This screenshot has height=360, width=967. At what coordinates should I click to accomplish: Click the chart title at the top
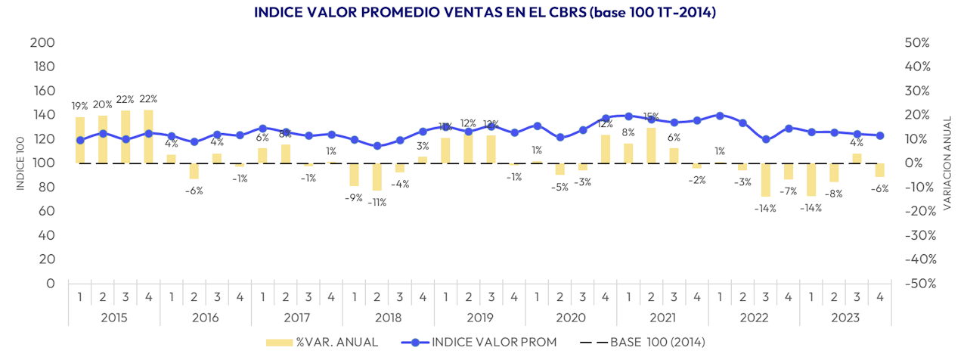point(485,12)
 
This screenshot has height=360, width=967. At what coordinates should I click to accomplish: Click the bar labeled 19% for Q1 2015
point(80,140)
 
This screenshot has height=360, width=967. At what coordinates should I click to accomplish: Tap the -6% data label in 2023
point(879,189)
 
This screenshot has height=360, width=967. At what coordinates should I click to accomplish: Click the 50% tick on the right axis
point(917,42)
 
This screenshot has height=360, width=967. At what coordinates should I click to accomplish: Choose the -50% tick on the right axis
point(916,284)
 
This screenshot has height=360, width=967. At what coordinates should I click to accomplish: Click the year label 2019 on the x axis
point(479,318)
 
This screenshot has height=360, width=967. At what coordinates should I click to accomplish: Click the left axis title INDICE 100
point(20,163)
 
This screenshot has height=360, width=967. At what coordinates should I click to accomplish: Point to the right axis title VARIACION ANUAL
point(948,163)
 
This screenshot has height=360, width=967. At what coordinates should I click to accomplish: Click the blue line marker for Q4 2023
point(879,135)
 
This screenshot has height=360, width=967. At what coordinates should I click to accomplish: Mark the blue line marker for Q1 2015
point(80,140)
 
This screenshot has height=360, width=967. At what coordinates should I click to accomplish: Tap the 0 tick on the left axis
point(50,284)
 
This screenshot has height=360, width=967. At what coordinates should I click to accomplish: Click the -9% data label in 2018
point(354,198)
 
